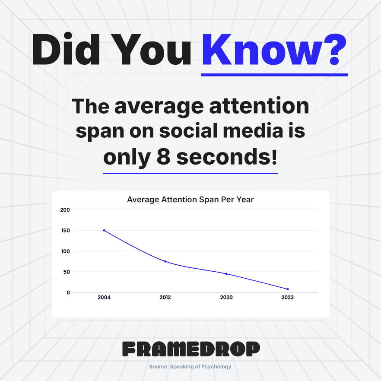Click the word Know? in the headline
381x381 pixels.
[274, 50]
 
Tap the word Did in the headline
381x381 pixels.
[66, 50]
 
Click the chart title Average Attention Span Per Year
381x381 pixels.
[190, 200]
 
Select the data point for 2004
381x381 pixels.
[104, 230]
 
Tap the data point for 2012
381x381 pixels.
[165, 261]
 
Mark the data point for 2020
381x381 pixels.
[226, 274]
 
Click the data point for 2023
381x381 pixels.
[287, 289]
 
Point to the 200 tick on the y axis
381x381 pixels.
[65, 210]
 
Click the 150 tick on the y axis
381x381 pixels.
[65, 231]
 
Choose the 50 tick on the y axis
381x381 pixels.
[67, 272]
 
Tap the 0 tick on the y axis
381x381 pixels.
[68, 292]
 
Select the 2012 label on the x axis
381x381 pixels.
[165, 298]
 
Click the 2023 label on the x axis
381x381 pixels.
[287, 298]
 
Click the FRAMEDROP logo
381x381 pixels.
[190, 349]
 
